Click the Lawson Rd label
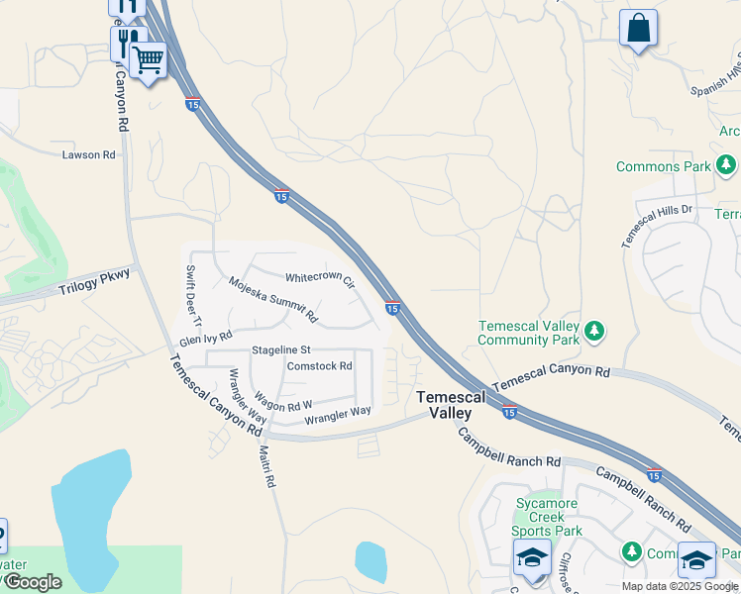click(x=88, y=154)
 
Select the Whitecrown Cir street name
click(x=320, y=279)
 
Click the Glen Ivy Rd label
click(x=205, y=339)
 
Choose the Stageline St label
click(x=281, y=349)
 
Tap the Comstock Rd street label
click(x=319, y=365)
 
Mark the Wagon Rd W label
click(x=286, y=405)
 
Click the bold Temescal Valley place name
click(x=451, y=404)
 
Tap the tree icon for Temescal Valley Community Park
click(x=593, y=330)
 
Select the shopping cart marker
click(x=149, y=59)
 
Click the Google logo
click(x=32, y=582)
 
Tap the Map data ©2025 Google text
click(x=679, y=586)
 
